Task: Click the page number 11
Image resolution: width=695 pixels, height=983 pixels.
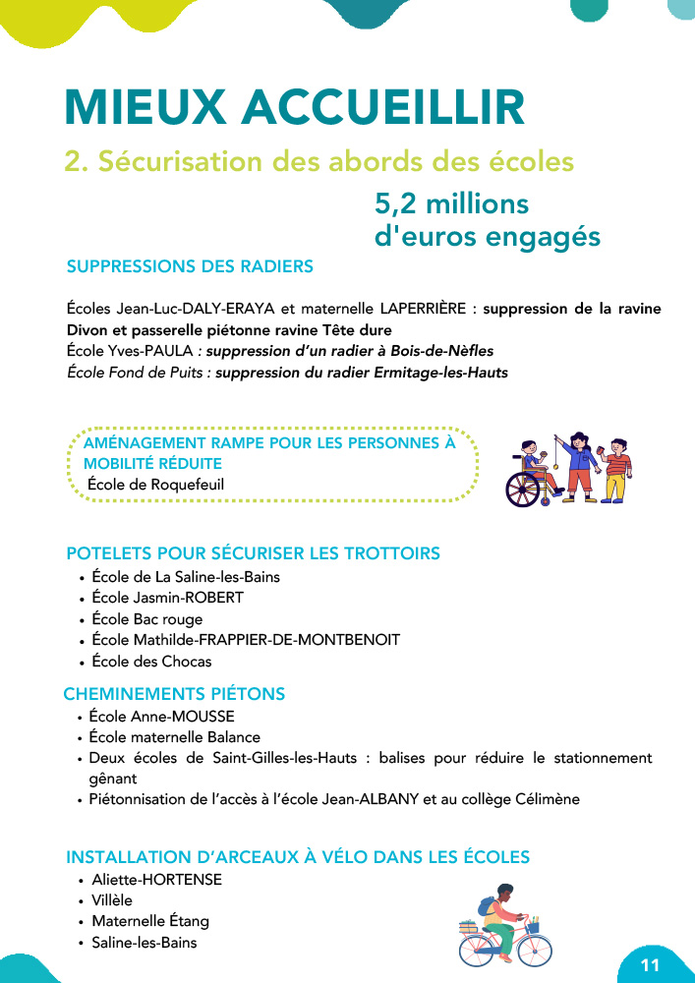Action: [x=650, y=964]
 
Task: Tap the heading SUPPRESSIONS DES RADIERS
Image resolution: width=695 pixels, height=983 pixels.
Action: [x=190, y=266]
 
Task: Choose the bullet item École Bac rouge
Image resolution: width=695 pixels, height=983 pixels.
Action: [x=146, y=619]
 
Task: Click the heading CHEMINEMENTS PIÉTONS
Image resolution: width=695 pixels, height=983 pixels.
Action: [x=174, y=694]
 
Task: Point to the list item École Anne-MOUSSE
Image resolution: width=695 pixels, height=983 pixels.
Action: [x=161, y=717]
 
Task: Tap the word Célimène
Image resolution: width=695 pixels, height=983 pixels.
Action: [x=543, y=799]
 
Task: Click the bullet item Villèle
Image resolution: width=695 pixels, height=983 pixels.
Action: [x=112, y=900]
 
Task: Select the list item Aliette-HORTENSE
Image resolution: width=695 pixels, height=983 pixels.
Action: [x=156, y=880]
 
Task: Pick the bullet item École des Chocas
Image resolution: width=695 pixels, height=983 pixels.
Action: [x=151, y=662]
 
